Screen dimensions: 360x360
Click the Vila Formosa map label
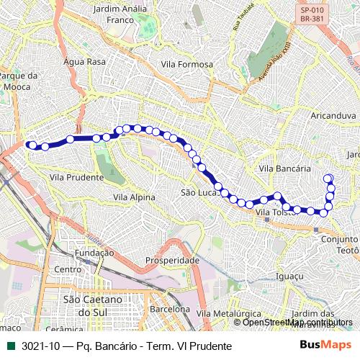pyautogui.click(x=187, y=64)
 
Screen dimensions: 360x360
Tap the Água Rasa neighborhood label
pyautogui.click(x=84, y=62)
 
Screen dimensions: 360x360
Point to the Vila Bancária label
pyautogui.click(x=284, y=168)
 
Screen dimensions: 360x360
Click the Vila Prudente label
pyautogui.click(x=76, y=176)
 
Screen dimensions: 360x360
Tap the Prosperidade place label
pyautogui.click(x=172, y=259)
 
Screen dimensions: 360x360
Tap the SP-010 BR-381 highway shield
pyautogui.click(x=311, y=16)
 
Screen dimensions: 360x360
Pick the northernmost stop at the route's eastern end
pyautogui.click(x=328, y=179)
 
